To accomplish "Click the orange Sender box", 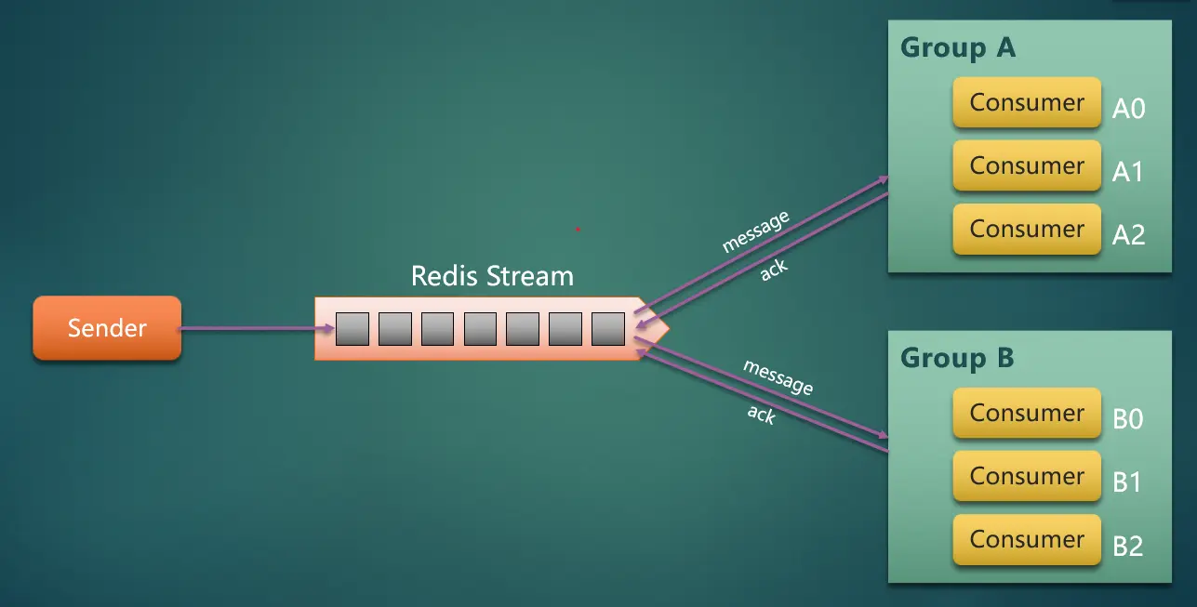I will (x=107, y=328).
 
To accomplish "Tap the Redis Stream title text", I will (x=492, y=276).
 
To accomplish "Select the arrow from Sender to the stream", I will (x=256, y=328).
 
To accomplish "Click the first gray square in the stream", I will (x=352, y=329).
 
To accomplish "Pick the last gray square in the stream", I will (x=607, y=329).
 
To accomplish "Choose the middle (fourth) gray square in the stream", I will (x=480, y=329).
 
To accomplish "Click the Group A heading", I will (x=958, y=48).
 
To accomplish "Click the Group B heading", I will (x=957, y=359).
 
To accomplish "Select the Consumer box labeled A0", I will (x=1026, y=103).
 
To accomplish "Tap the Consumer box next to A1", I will (x=1026, y=166).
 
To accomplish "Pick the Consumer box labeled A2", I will (x=1026, y=230).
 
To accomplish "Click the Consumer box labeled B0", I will (x=1026, y=414).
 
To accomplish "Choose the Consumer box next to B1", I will (x=1026, y=477).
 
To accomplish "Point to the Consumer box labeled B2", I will (x=1026, y=540).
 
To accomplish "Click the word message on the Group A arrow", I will (x=755, y=232).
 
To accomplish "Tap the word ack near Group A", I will (x=774, y=270).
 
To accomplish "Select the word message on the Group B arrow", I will (x=778, y=377).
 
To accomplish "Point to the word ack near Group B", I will (x=761, y=415).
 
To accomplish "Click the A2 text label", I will (x=1128, y=235).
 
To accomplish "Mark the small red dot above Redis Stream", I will (x=578, y=229).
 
